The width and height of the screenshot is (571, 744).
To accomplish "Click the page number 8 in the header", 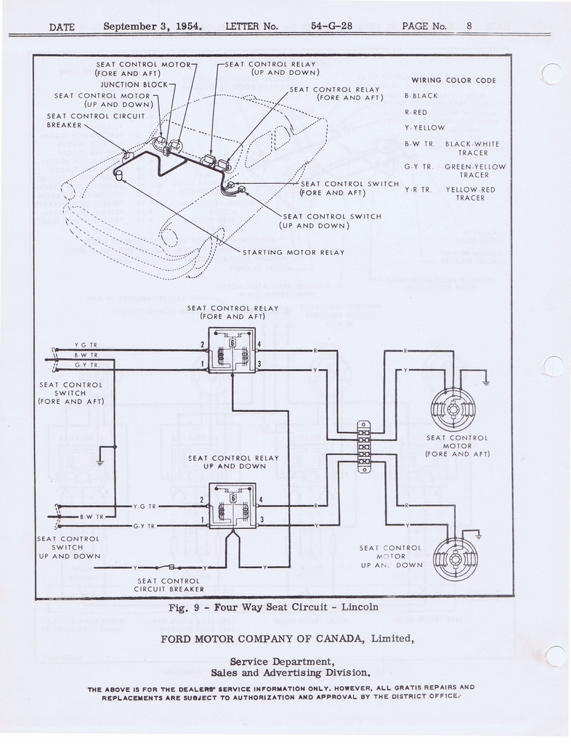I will click(x=469, y=26).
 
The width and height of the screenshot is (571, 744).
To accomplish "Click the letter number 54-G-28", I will click(x=331, y=26).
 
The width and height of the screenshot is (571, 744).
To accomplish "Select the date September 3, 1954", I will click(x=153, y=26).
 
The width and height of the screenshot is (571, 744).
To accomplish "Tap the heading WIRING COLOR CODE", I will click(x=453, y=80).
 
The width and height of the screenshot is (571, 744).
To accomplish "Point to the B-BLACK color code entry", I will click(x=421, y=96).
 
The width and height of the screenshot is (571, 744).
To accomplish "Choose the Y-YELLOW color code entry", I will click(x=424, y=128).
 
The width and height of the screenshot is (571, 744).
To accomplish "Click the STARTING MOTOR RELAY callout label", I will click(x=293, y=253).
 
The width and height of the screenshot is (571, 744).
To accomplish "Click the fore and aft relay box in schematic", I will click(x=232, y=350).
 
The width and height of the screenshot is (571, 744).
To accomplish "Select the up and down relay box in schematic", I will click(x=232, y=506).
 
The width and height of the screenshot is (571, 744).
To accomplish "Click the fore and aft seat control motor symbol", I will click(x=453, y=409).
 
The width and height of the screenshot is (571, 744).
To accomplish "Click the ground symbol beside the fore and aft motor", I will click(x=485, y=382).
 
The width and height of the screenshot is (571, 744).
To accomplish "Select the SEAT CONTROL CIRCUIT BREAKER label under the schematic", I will click(x=169, y=585).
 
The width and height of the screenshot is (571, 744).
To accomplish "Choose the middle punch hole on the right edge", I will click(x=553, y=365).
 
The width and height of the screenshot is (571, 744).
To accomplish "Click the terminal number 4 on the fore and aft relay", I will click(x=259, y=344).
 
